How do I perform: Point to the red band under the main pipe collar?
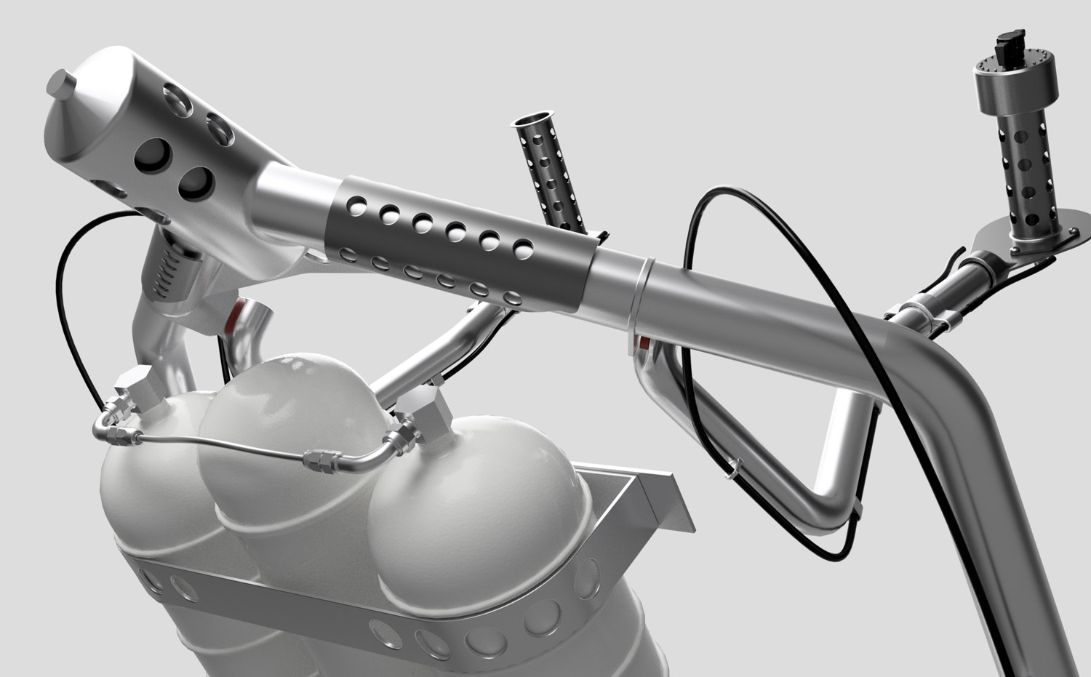644,340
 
